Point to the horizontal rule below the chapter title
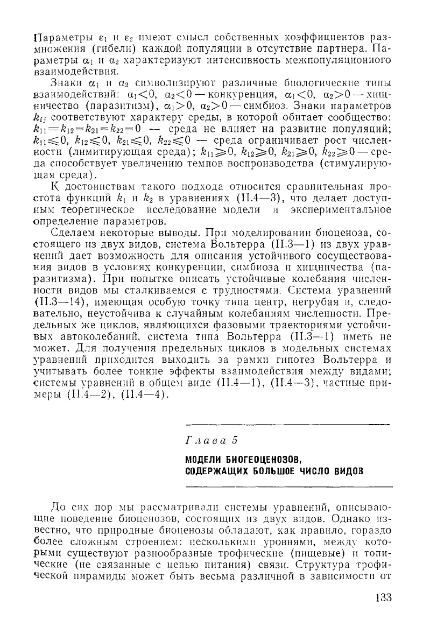click(x=288, y=487)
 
